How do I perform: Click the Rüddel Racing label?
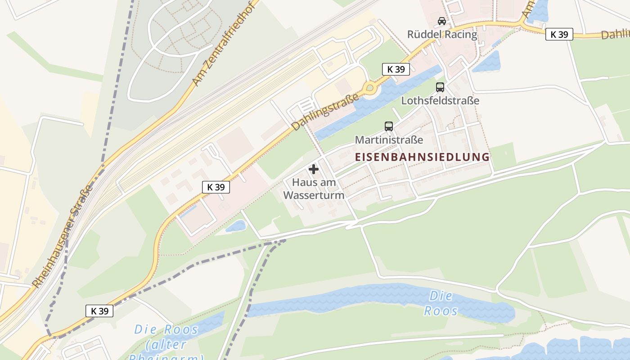442,35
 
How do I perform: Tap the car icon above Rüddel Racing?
442,21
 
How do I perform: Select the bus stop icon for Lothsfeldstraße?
440,87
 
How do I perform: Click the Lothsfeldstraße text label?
440,100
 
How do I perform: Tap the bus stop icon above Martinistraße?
389,126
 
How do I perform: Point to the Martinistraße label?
389,139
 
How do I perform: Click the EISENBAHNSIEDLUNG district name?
422,157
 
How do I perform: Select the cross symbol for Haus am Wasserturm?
314,169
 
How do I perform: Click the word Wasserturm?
314,195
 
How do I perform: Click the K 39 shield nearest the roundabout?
396,69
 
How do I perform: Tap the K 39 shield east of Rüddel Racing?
559,34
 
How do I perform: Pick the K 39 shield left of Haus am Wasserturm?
216,187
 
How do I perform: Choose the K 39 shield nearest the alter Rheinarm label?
99,310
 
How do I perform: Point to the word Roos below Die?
441,310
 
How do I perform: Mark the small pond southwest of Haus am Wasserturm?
236,226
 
